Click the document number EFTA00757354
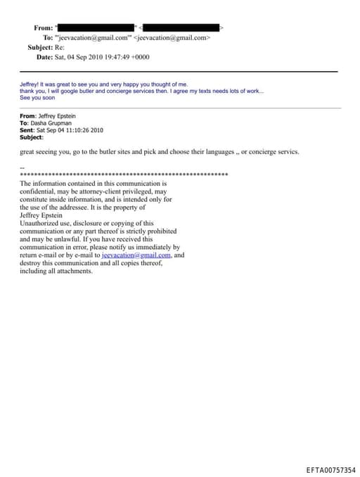(330, 469)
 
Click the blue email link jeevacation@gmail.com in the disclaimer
(141, 255)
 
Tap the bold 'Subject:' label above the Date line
(40, 47)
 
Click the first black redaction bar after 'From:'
(95, 27)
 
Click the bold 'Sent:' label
(28, 130)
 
